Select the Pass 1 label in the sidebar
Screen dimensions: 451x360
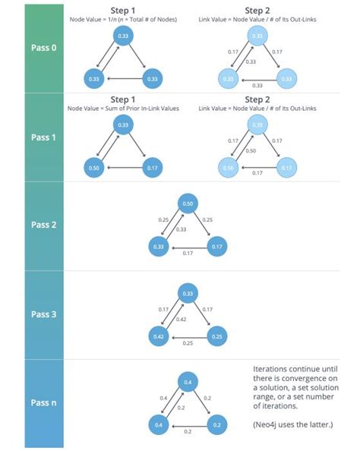pos(43,137)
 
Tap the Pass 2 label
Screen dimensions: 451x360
pos(43,225)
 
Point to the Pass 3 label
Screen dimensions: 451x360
pos(43,314)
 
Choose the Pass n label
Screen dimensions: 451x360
pos(43,403)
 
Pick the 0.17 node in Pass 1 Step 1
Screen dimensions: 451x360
pos(152,168)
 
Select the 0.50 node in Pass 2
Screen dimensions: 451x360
pos(188,204)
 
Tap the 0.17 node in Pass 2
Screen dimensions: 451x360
pos(216,247)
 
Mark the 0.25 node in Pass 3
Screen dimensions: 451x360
pos(216,335)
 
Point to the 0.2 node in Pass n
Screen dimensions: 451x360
pos(216,424)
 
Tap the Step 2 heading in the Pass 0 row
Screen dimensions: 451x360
pos(257,10)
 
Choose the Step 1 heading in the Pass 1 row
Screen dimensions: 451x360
pos(124,99)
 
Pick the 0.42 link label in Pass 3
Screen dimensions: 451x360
pos(181,320)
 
